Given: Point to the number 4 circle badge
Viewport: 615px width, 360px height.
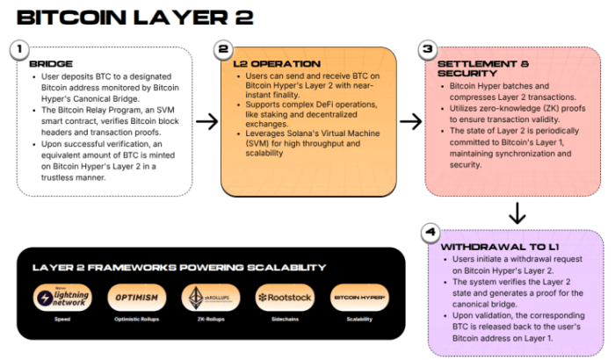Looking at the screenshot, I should point(428,234).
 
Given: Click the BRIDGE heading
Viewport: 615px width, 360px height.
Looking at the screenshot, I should point(51,64).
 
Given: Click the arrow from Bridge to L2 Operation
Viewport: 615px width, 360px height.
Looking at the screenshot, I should point(206,121).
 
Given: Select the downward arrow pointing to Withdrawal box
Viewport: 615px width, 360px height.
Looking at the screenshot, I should point(517,212).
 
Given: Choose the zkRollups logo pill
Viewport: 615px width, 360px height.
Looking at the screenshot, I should point(212,299).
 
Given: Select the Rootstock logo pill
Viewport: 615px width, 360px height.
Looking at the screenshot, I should point(284,299).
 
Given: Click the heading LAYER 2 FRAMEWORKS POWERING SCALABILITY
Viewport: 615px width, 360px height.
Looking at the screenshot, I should point(178,268).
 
